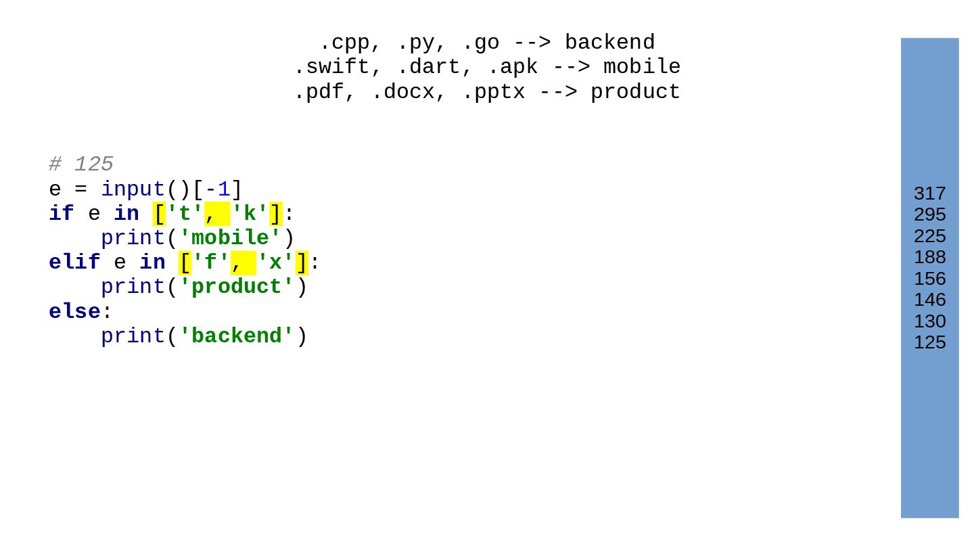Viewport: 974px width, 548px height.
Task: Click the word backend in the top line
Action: (609, 43)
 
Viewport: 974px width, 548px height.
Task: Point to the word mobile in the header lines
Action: (641, 67)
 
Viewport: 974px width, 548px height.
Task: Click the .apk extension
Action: (512, 67)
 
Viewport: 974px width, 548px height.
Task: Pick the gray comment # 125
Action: (81, 164)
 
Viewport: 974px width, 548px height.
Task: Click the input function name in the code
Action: (133, 189)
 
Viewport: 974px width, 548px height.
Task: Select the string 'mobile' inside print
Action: (230, 238)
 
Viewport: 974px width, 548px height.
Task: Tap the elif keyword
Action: (74, 262)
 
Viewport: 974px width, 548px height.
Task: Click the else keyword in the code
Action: (74, 312)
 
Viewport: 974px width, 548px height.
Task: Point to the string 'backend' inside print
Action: (236, 336)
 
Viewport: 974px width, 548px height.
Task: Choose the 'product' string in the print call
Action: (236, 287)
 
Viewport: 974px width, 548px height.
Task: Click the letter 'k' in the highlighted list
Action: (250, 214)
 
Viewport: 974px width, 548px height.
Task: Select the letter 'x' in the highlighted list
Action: (275, 262)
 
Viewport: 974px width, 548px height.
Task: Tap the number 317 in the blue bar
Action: (929, 193)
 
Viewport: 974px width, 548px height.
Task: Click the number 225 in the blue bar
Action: (929, 236)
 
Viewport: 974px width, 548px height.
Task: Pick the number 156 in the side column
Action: (929, 279)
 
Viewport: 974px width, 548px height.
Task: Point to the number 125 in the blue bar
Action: (929, 342)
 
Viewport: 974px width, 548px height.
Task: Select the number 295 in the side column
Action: (929, 214)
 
